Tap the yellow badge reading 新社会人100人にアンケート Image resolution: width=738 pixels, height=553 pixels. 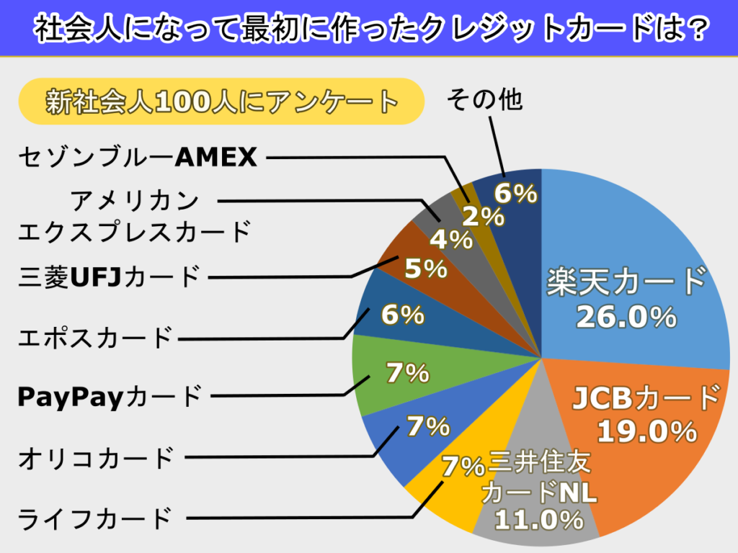[221, 102]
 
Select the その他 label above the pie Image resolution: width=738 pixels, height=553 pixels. [484, 100]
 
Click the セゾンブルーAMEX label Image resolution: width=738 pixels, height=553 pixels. [137, 157]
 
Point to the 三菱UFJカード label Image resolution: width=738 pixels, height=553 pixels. [108, 276]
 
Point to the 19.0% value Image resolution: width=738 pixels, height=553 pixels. [646, 431]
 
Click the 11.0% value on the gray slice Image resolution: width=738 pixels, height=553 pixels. [539, 520]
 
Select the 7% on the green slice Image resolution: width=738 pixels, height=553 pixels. [407, 373]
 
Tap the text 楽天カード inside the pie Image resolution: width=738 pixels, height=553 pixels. [626, 282]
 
